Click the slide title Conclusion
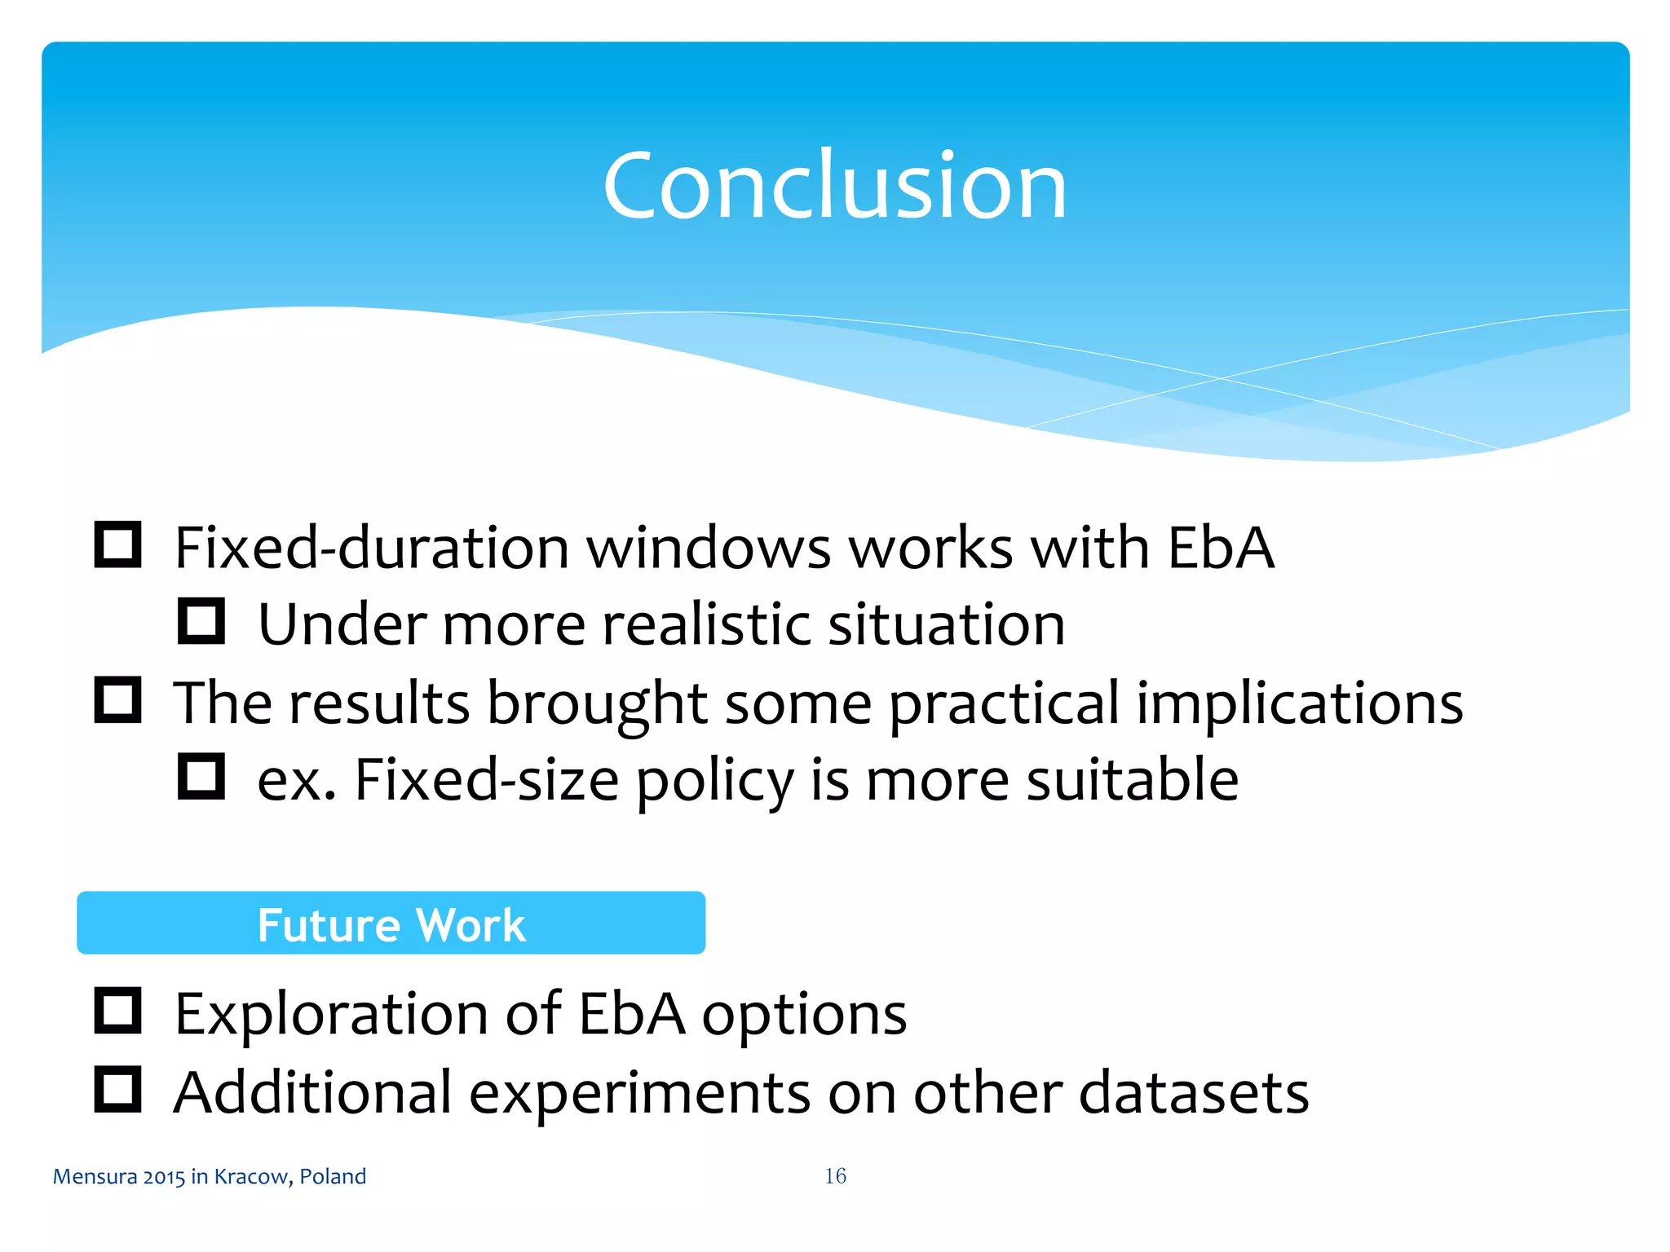click(x=834, y=187)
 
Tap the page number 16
click(x=835, y=1175)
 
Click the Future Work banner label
click(x=391, y=924)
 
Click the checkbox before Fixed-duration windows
click(x=118, y=544)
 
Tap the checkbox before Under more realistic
click(x=201, y=622)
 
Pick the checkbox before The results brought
click(x=118, y=699)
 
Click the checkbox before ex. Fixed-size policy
click(x=201, y=776)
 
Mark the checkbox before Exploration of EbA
click(x=118, y=1011)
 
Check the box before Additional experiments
click(x=118, y=1089)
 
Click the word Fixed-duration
click(x=371, y=547)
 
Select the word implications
click(x=1299, y=703)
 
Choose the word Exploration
click(x=331, y=1015)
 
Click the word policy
click(x=714, y=781)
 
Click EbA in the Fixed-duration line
click(x=1220, y=547)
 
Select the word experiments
click(x=639, y=1093)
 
